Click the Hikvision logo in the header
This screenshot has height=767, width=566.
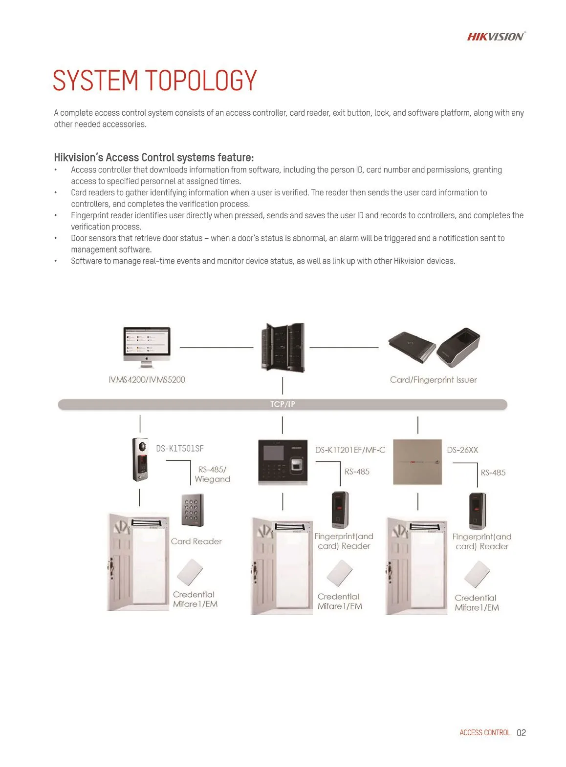(496, 37)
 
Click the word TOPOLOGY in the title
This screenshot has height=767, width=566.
(201, 81)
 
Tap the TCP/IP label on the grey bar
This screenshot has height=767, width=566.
(283, 404)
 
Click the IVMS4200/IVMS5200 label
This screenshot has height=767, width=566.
(147, 380)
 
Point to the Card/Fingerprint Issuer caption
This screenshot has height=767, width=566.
(433, 380)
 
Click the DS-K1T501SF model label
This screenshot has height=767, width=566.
(179, 448)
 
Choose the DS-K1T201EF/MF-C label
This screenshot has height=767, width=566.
(350, 450)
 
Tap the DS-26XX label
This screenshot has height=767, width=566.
(462, 450)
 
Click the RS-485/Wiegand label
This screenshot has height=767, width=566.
(212, 474)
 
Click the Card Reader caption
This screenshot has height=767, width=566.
(196, 541)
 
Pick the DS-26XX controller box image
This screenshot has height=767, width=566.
(417, 462)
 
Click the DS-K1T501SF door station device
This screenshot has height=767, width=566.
(140, 459)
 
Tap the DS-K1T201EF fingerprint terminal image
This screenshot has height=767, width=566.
(283, 462)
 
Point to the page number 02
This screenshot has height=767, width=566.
(521, 733)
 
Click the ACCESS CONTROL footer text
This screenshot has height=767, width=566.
(484, 733)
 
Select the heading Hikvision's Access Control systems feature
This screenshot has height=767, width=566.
(153, 157)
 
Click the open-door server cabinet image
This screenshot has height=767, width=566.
(283, 347)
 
